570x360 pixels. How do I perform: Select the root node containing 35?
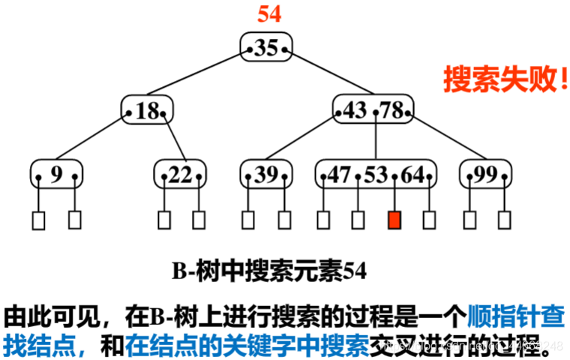[266, 48]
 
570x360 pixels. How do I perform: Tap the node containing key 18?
[148, 112]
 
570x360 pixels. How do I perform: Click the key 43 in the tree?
[355, 111]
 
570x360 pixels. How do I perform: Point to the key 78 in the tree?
[391, 111]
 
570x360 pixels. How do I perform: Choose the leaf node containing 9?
[57, 175]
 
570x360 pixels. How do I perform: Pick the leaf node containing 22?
[180, 175]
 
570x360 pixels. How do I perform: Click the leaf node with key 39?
[266, 175]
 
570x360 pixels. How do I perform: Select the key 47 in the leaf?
[339, 175]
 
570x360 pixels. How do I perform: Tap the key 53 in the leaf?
[375, 175]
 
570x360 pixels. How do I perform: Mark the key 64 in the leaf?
[412, 175]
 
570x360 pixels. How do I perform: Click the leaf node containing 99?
[486, 175]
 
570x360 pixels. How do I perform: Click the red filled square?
[394, 220]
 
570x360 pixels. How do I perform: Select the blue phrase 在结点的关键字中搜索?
[247, 344]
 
